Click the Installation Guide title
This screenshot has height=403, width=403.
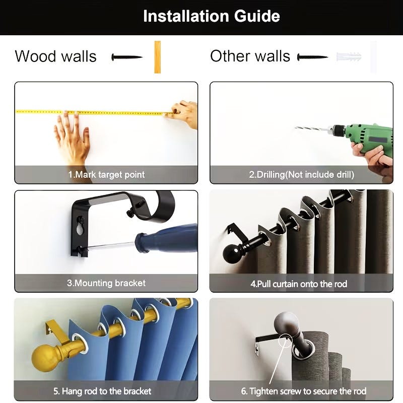tap(211, 16)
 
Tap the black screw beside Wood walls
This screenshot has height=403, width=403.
tap(127, 57)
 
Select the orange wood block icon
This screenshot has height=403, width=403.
tap(158, 57)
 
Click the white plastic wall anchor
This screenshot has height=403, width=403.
tap(349, 57)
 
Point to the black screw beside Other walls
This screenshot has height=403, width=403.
tap(312, 57)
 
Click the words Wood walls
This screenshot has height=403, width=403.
tap(56, 56)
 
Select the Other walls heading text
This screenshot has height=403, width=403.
tap(250, 56)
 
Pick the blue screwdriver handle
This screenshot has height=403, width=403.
tap(167, 238)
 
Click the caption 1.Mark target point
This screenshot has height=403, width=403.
tap(106, 175)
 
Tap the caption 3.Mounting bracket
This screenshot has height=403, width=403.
tap(106, 283)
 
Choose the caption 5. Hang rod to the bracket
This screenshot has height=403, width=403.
tap(102, 391)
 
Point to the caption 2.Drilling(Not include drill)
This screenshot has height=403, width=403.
tap(301, 175)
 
